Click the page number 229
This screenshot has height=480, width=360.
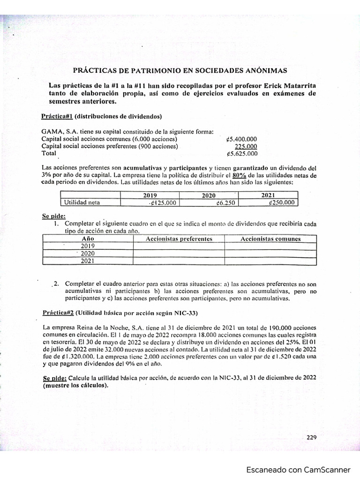pyautogui.click(x=312, y=437)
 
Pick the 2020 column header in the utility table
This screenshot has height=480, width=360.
pyautogui.click(x=209, y=195)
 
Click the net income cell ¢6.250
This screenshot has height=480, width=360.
pyautogui.click(x=225, y=202)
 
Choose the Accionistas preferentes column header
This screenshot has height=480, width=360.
pyautogui.click(x=179, y=239)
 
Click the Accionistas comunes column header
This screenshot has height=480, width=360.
pyautogui.click(x=270, y=239)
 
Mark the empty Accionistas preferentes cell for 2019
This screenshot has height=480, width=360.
pyautogui.click(x=179, y=246)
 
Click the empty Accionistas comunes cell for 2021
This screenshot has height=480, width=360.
pyautogui.click(x=270, y=261)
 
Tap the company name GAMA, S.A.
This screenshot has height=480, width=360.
pyautogui.click(x=59, y=132)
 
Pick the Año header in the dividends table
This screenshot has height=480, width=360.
pyautogui.click(x=88, y=239)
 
